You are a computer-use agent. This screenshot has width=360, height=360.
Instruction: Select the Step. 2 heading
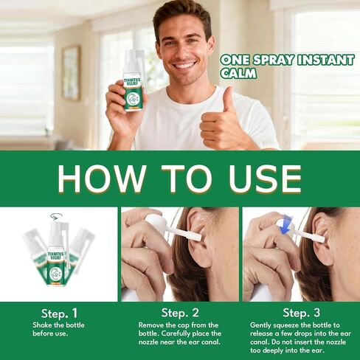click(x=180, y=313)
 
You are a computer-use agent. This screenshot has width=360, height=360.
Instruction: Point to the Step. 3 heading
click(x=300, y=313)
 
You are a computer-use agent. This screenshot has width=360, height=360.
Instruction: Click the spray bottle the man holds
click(x=133, y=83)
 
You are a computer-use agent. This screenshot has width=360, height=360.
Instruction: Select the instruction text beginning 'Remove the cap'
click(x=180, y=333)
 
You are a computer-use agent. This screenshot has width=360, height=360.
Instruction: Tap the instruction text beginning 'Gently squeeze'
click(x=300, y=336)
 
